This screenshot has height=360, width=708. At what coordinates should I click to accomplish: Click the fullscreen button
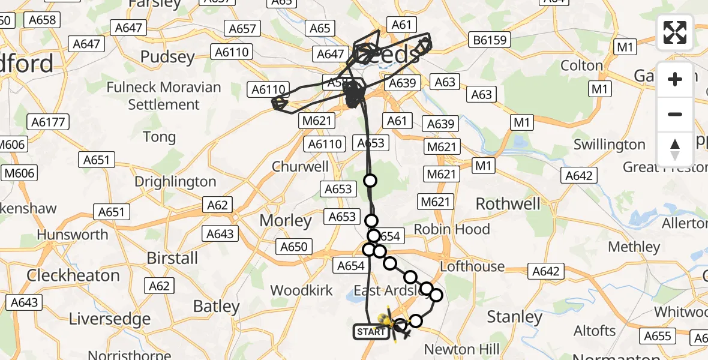pos(675,32)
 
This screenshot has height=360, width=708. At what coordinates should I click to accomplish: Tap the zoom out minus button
pos(675,114)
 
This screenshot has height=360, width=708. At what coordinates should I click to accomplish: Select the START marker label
pos(371,331)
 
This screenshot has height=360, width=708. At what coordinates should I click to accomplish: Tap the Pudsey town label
pos(167,57)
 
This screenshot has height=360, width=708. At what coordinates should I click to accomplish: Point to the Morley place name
pos(286,221)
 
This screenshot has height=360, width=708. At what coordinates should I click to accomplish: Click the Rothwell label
pos(508,204)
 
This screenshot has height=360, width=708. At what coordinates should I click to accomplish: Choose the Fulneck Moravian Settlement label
pos(164,95)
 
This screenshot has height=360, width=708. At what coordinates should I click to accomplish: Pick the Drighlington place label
pos(175,181)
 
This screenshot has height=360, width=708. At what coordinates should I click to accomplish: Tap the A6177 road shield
pos(49,122)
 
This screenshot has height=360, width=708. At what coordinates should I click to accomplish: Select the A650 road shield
pos(293,246)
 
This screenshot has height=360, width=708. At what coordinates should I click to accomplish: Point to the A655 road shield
pos(658,336)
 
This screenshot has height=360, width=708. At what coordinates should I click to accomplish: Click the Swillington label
pos(609,145)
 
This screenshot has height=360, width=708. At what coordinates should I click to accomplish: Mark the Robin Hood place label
pos(452,229)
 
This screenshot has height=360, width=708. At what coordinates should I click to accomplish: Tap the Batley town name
pos(216,307)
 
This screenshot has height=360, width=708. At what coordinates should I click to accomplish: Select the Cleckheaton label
pos(73,275)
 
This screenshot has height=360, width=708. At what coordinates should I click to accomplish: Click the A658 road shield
pos(42,20)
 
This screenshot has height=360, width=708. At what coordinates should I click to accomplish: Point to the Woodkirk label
pos(301,290)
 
